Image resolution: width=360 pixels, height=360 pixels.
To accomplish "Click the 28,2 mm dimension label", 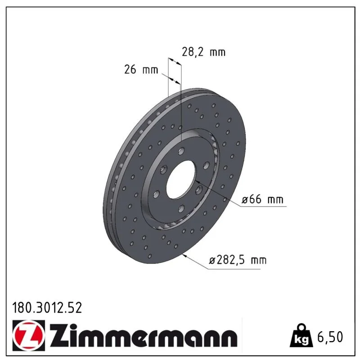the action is tap(203, 52).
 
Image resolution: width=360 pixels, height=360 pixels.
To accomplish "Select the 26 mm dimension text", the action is tap(141, 69).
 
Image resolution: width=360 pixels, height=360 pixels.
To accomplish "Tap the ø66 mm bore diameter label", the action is tap(262, 199).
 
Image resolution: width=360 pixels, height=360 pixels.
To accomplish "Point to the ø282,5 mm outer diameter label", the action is tap(238, 261).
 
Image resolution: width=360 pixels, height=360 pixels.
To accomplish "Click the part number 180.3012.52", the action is tap(47, 308).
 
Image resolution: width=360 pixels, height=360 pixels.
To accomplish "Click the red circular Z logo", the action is tap(28, 335).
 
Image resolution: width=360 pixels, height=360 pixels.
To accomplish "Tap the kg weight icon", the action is tap(301, 335).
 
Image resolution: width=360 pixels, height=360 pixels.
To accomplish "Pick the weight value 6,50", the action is tap(330, 337).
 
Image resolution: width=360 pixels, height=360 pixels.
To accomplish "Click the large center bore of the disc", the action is tap(181, 180).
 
